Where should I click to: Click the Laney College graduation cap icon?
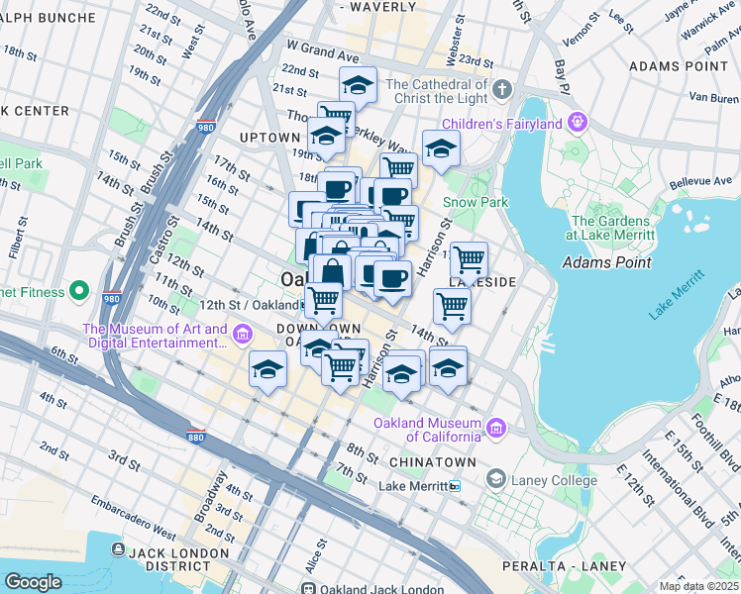coord(494,480)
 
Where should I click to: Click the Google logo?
coord(33,581)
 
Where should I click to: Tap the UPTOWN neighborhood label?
coord(269,135)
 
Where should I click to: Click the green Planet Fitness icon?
coord(80,292)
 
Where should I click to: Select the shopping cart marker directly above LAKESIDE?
coord(469,259)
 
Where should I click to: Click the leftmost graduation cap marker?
coord(266,369)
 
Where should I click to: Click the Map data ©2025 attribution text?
coord(697,586)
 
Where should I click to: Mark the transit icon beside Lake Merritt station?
coord(455,486)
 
